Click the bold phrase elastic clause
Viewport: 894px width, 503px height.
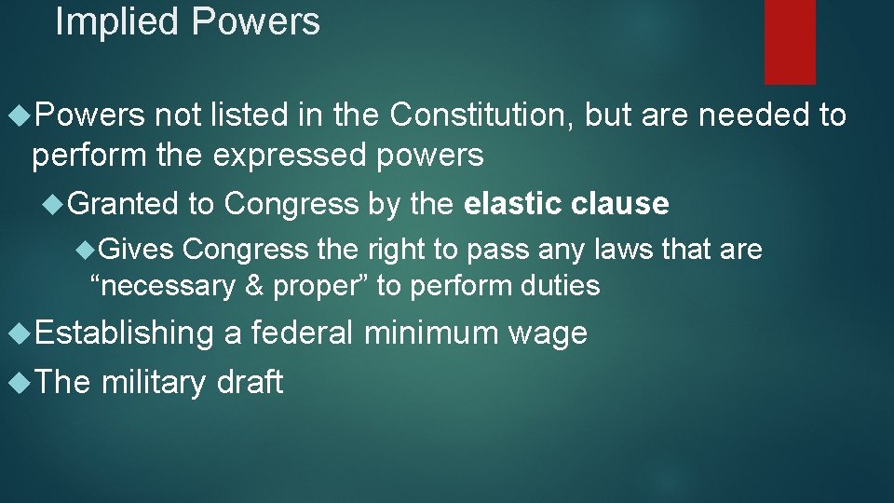566,204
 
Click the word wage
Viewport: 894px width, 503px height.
549,333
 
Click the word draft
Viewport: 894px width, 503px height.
249,382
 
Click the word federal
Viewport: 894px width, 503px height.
303,333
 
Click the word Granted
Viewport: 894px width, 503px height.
123,204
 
